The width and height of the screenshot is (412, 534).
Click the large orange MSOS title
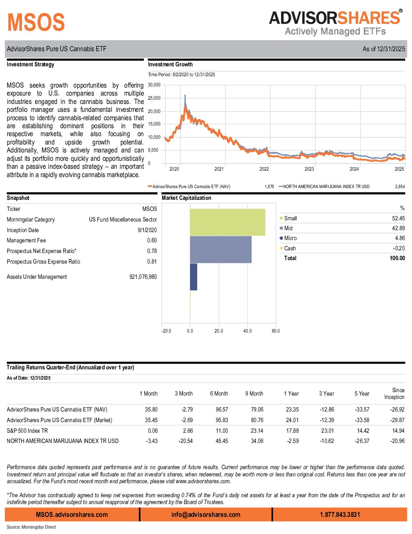(x=36, y=22)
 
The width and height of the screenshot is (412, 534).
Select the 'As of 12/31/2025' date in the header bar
(x=384, y=49)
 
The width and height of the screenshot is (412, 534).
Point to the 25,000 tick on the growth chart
(x=154, y=98)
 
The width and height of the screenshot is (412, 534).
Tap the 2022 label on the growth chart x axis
(x=264, y=169)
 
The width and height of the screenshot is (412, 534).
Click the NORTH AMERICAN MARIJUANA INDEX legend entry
(x=326, y=187)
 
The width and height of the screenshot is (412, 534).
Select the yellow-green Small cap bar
(x=227, y=222)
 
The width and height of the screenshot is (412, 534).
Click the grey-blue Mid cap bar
(x=220, y=249)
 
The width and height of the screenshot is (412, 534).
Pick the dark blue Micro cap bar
(x=194, y=277)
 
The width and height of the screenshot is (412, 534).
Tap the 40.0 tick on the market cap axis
(x=247, y=331)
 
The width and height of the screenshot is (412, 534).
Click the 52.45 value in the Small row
(x=398, y=218)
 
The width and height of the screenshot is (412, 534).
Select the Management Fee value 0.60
(x=152, y=240)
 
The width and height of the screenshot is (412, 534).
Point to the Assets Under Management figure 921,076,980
(x=143, y=277)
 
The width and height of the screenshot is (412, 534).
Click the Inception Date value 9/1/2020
(x=147, y=230)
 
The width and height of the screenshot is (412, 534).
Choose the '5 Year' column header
(x=362, y=394)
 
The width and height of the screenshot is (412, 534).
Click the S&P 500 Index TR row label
(x=27, y=431)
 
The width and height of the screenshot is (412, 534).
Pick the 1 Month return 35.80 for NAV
(x=151, y=410)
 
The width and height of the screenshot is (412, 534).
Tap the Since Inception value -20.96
(x=397, y=441)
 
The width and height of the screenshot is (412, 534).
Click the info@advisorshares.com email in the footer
(x=206, y=515)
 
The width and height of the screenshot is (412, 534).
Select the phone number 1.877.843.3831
(x=340, y=515)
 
